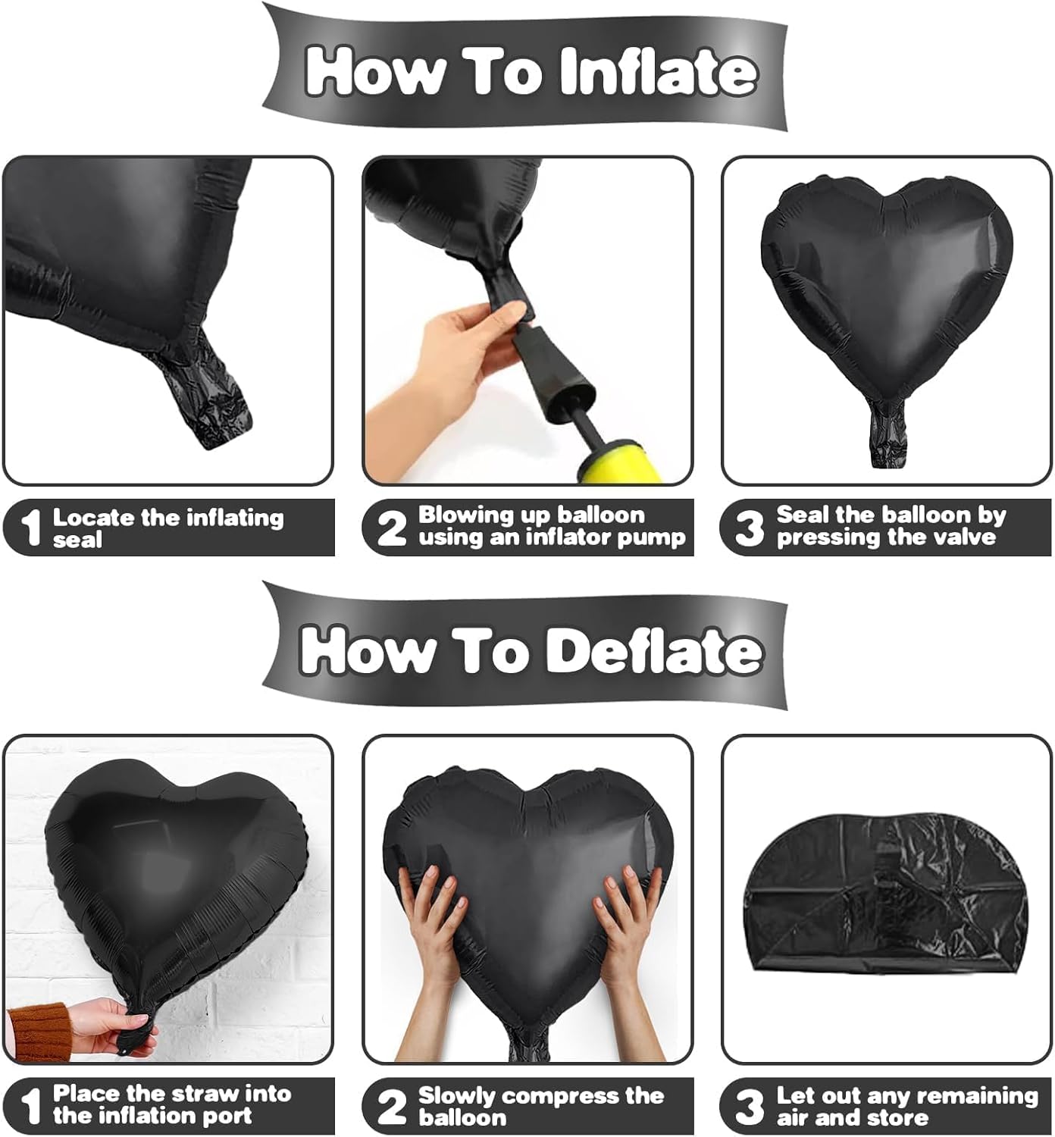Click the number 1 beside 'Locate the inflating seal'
click(x=30, y=528)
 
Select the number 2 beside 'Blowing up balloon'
click(x=392, y=528)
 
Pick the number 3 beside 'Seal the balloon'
click(x=749, y=528)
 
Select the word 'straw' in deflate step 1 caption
click(x=200, y=1094)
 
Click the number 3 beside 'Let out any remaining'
click(x=749, y=1107)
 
